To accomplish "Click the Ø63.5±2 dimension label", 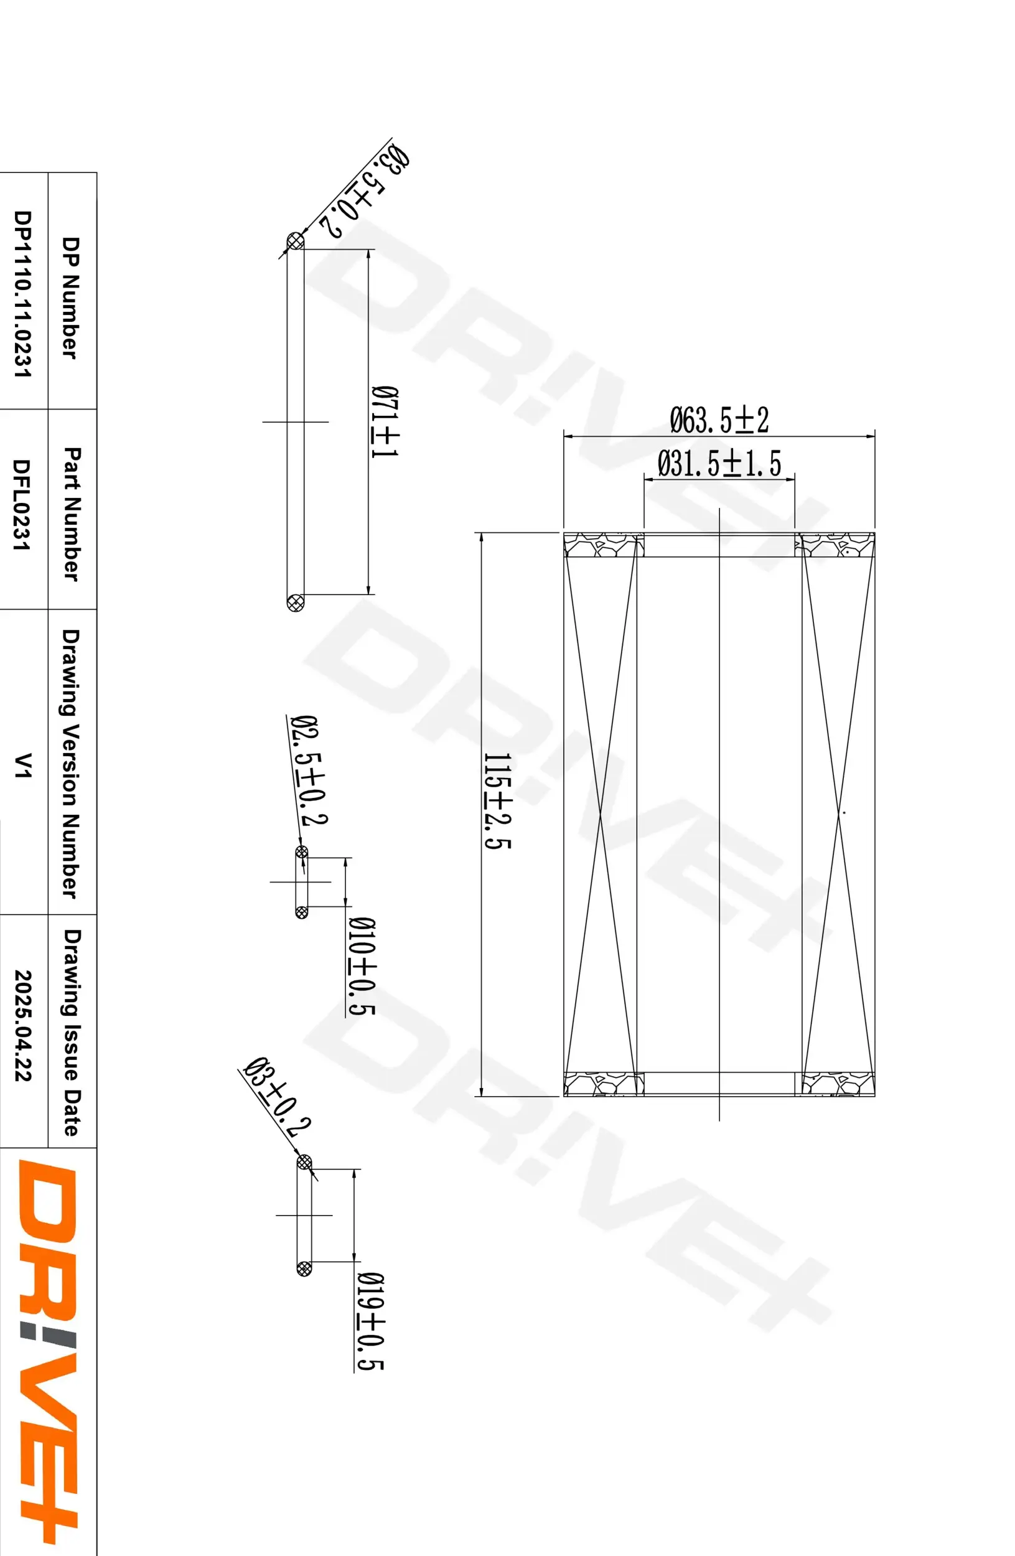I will [719, 420].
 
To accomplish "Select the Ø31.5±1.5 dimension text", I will [719, 464].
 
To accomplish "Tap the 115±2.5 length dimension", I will [497, 801].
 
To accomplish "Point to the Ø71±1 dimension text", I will [385, 422].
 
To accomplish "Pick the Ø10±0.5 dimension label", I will [362, 965].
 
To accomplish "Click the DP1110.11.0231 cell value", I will [23, 294].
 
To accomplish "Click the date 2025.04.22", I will [23, 1024].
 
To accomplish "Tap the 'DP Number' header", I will [70, 298].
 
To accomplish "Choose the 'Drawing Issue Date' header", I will [71, 1032].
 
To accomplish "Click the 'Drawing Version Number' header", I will [70, 764].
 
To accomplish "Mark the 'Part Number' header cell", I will [71, 513].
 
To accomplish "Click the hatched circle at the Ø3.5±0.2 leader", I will [296, 241].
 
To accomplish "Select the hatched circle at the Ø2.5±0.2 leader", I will [301, 852].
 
